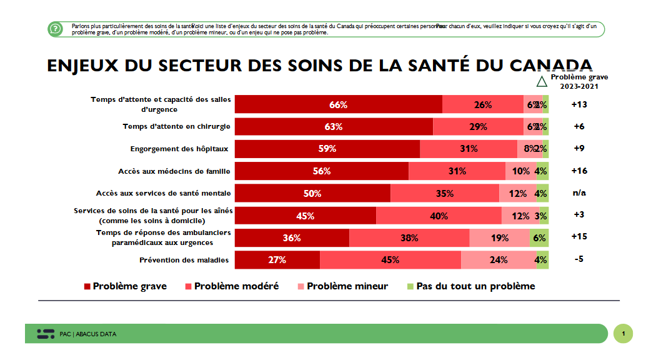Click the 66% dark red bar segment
click(x=338, y=105)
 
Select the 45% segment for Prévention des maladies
click(x=390, y=260)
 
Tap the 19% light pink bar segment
click(x=499, y=238)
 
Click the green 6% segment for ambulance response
click(x=539, y=238)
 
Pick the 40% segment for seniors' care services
click(x=439, y=216)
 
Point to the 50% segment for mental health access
click(x=312, y=194)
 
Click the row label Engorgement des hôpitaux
click(x=179, y=149)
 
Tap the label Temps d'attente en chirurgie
click(x=176, y=127)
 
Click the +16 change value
click(x=579, y=171)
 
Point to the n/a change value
click(x=579, y=193)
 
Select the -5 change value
click(x=579, y=259)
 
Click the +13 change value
click(x=579, y=104)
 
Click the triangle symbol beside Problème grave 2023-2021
click(x=542, y=81)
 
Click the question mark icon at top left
click(x=56, y=29)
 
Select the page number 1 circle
click(x=623, y=333)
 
